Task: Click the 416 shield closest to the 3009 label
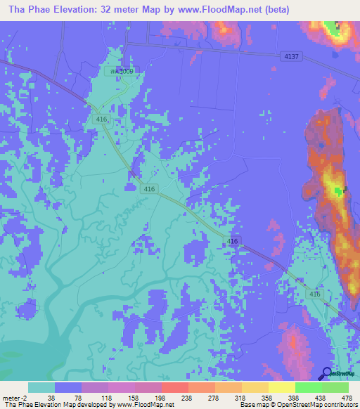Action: point(102,119)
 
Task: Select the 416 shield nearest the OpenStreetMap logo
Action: point(314,294)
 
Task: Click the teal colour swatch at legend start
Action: point(41,387)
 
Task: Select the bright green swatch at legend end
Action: point(335,387)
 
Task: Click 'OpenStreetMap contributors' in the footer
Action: point(316,405)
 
